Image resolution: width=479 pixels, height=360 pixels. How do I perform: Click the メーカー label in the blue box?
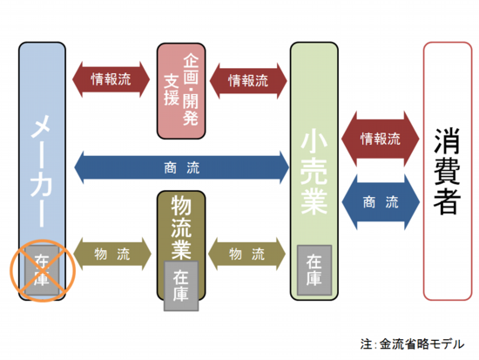41,171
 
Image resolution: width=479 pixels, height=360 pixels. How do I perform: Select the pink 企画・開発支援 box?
181,91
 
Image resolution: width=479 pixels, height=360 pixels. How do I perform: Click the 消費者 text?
447,171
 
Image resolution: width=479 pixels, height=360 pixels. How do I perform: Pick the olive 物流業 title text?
181,228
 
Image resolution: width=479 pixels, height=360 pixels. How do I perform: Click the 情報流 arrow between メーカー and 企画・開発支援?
111,79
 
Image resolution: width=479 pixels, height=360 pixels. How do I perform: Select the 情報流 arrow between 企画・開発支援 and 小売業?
248,81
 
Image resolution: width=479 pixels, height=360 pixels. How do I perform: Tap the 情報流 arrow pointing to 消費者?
381,139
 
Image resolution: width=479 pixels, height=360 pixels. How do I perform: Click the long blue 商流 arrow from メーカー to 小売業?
182,167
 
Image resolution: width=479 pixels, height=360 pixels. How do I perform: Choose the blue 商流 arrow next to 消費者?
381,202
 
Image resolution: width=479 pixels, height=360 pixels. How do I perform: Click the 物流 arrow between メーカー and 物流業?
112,254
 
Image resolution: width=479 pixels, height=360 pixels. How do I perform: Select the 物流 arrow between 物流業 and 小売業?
246,254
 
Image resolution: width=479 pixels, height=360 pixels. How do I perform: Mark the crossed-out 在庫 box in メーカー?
42,270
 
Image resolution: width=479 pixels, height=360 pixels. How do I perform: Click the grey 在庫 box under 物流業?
181,286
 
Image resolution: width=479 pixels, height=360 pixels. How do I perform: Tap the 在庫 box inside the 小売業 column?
314,270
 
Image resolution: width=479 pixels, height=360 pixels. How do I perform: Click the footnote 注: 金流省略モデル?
412,344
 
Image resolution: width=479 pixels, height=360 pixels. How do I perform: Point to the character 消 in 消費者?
447,141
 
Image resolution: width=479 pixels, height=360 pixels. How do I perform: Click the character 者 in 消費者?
447,201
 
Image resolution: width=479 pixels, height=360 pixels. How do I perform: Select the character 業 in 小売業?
314,202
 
